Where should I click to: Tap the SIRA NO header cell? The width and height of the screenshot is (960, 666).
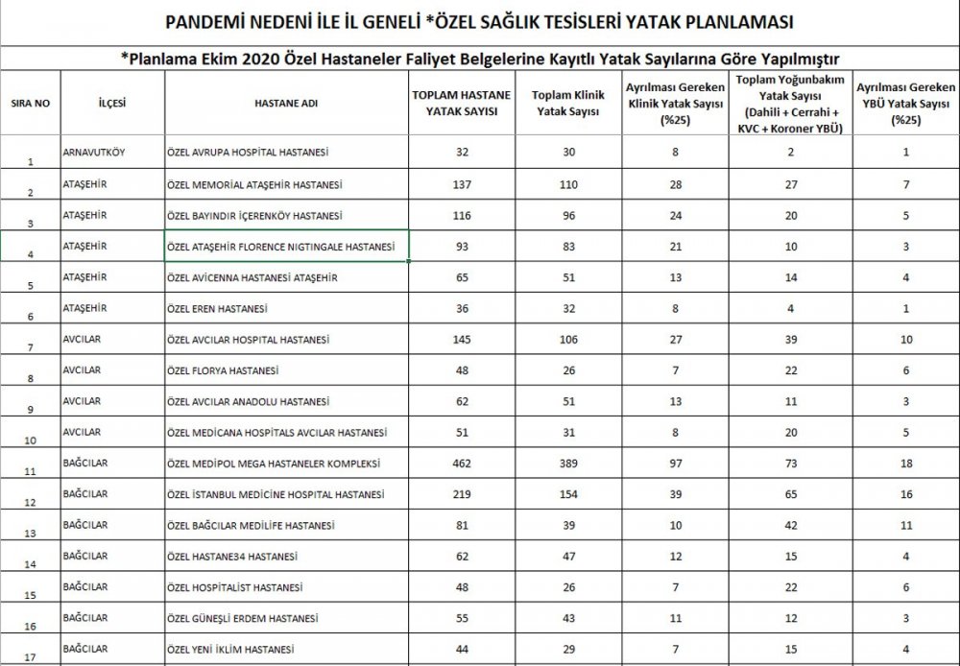pyautogui.click(x=30, y=101)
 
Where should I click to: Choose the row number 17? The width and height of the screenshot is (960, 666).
pyautogui.click(x=29, y=657)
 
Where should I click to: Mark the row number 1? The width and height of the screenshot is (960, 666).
pyautogui.click(x=29, y=160)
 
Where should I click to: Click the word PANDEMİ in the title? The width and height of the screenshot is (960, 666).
pyautogui.click(x=203, y=20)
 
